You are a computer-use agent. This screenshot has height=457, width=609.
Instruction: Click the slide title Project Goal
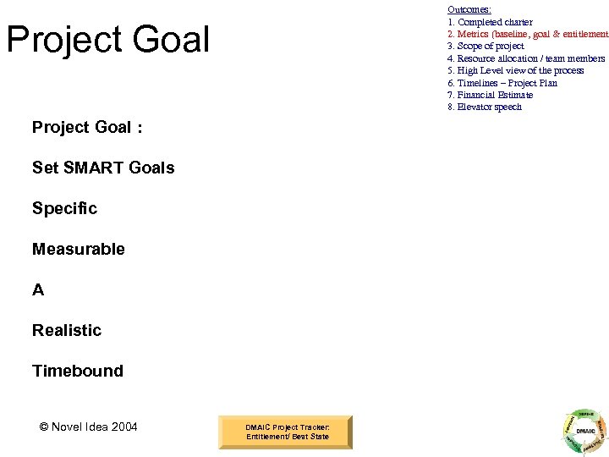click(x=107, y=40)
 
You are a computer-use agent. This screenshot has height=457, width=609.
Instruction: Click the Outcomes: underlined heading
click(x=469, y=9)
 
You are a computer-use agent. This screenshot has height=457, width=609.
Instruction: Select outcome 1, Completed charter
click(x=490, y=22)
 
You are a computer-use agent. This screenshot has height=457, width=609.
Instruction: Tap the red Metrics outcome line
click(x=527, y=34)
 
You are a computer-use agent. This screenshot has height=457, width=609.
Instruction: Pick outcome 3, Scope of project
click(x=486, y=46)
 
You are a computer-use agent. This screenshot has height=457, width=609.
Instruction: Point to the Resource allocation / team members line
click(x=526, y=58)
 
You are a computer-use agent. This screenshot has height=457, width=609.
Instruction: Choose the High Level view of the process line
click(x=515, y=70)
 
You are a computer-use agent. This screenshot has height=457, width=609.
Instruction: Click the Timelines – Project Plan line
click(x=502, y=83)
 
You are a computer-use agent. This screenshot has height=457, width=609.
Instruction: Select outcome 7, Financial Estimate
click(x=490, y=95)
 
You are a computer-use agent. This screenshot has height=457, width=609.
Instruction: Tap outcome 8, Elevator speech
click(x=485, y=107)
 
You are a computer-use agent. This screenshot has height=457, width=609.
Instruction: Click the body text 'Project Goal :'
click(x=87, y=128)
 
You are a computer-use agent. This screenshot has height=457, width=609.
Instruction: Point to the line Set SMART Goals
click(x=103, y=168)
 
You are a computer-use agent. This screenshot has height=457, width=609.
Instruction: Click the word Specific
click(x=64, y=208)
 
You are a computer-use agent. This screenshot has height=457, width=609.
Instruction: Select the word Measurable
click(x=78, y=249)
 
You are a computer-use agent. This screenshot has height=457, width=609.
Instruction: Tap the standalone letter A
click(x=38, y=289)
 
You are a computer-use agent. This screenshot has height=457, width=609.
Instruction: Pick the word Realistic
click(x=67, y=330)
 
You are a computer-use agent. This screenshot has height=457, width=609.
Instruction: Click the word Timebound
click(x=77, y=371)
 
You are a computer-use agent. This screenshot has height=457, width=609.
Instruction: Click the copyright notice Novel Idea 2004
click(x=88, y=427)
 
